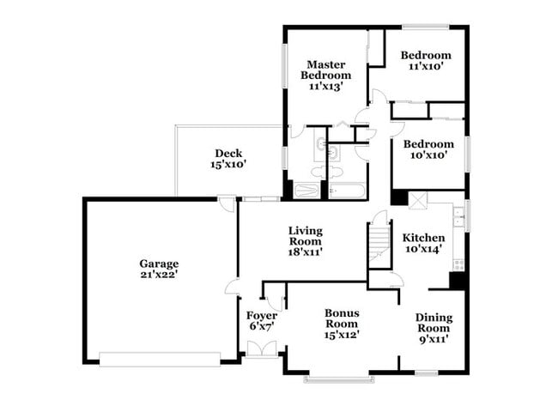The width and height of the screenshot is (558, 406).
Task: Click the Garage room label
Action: pos(159,264)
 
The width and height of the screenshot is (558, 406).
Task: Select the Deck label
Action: pos(227,154)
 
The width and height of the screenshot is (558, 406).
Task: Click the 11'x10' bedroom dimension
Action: pos(426,67)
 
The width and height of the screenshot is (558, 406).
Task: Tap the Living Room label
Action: pos(305,235)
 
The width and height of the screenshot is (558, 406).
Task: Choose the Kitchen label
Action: pos(424,238)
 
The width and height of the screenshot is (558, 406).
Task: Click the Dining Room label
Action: pos(433,323)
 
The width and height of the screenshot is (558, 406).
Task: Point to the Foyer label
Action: pos(261,315)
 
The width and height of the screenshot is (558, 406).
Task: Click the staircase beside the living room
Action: pos(379,241)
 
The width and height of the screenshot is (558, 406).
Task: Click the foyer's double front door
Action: pos(261,348)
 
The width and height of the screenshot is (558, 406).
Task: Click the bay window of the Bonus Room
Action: pos(338,377)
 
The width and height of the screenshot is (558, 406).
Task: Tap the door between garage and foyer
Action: pos(233,287)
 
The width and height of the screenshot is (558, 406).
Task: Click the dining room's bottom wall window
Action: pos(428,372)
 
